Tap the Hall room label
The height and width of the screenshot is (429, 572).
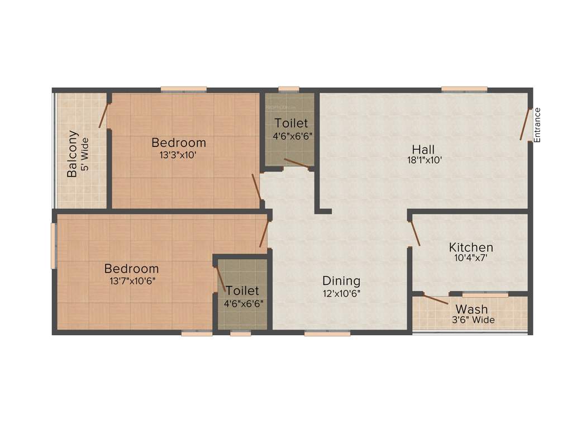[x=423, y=149]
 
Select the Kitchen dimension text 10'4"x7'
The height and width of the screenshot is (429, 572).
[x=471, y=258]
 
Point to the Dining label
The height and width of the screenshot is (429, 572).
[x=341, y=280]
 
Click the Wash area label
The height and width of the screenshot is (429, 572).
[x=471, y=309]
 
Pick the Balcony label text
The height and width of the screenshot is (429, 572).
[x=73, y=154]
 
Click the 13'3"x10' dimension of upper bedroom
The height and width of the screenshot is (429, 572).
[x=178, y=155]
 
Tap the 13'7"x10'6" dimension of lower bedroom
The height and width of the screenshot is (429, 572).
[x=132, y=280]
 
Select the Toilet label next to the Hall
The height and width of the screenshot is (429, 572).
[x=291, y=123]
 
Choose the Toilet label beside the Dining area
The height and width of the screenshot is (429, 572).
[x=242, y=291]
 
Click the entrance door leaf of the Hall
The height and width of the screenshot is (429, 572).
[x=525, y=124]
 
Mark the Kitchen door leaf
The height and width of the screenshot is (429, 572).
[x=415, y=233]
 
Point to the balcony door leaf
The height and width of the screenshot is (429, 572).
[x=103, y=116]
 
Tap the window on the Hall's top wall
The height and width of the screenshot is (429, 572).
[x=464, y=89]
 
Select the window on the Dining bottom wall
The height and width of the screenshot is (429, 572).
[x=327, y=333]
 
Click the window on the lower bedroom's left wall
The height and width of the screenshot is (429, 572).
[x=54, y=246]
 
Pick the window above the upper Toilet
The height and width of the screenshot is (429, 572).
[x=288, y=89]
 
